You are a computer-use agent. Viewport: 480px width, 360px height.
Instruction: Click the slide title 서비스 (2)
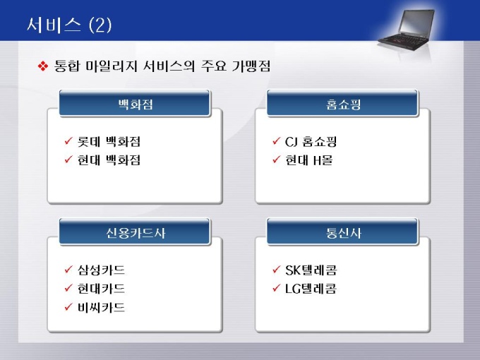(69, 25)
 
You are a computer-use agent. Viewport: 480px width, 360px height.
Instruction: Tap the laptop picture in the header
(406, 30)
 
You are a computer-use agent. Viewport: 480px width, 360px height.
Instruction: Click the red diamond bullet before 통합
(43, 66)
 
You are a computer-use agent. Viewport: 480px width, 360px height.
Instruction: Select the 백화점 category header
(135, 103)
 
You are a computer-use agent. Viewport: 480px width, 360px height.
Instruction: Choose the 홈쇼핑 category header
(342, 103)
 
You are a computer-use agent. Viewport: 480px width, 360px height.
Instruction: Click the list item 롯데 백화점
(109, 141)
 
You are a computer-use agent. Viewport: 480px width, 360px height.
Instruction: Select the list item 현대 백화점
(109, 160)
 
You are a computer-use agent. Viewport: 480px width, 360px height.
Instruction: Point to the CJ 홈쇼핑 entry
(311, 141)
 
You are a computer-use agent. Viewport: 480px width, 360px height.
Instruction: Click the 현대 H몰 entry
(308, 160)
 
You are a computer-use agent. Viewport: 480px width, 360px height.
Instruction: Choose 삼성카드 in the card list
(101, 270)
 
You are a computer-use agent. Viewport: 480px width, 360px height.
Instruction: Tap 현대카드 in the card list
(101, 289)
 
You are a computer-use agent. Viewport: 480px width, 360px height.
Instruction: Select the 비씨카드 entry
(101, 307)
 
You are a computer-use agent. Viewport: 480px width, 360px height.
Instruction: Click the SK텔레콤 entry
(311, 270)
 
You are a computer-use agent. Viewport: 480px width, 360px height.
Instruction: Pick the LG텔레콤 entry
(311, 289)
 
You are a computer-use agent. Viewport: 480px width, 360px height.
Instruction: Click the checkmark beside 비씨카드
(68, 306)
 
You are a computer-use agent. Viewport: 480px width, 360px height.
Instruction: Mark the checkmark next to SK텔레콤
(276, 270)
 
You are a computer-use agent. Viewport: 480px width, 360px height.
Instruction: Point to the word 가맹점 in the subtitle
(251, 66)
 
